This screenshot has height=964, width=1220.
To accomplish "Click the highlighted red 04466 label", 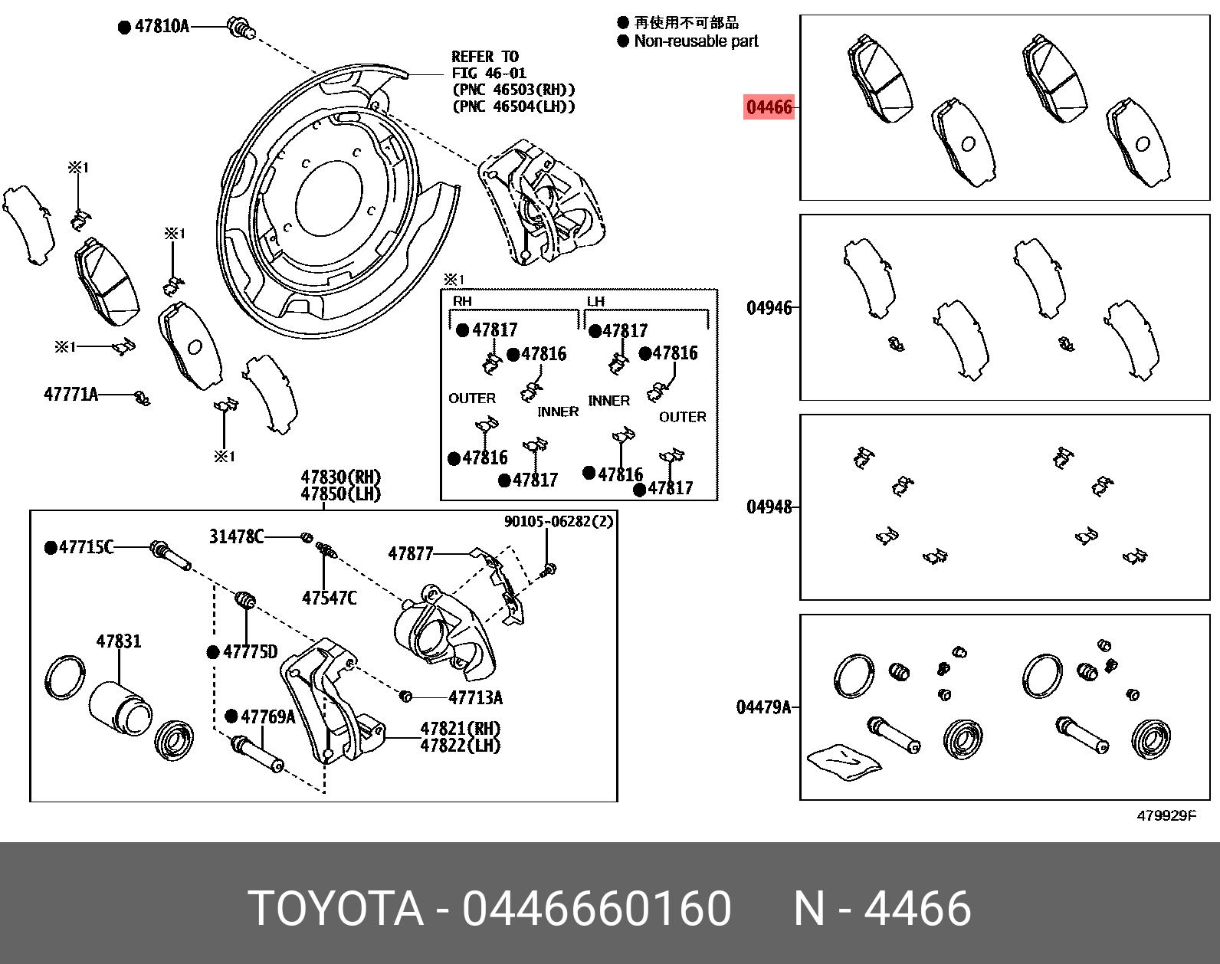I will (769, 107).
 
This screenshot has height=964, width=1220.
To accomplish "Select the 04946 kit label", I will (769, 308).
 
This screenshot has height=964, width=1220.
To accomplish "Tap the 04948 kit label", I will (769, 507).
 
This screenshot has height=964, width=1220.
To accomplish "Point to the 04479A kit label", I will (762, 707).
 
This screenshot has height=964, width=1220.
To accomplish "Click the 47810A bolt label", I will (161, 26).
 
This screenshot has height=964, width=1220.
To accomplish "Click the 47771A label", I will (71, 395).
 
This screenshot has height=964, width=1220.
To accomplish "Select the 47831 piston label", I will (118, 641).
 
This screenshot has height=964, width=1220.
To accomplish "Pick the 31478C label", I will (236, 536).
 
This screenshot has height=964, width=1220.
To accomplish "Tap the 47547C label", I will (329, 598).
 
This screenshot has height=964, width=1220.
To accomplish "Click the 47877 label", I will (411, 553).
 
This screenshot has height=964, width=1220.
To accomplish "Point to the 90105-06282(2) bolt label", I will (558, 522).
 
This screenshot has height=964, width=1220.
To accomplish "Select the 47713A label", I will (475, 697).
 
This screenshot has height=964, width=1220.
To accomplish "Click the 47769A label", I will (267, 716).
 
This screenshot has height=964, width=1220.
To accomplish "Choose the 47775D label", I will (250, 652).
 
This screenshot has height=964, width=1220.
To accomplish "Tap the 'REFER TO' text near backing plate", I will (485, 57).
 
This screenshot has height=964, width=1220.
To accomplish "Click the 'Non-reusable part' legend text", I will (696, 41).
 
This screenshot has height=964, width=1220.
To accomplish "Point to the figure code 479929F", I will (1166, 816).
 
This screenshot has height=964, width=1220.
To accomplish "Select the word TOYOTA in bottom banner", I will (336, 909).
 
